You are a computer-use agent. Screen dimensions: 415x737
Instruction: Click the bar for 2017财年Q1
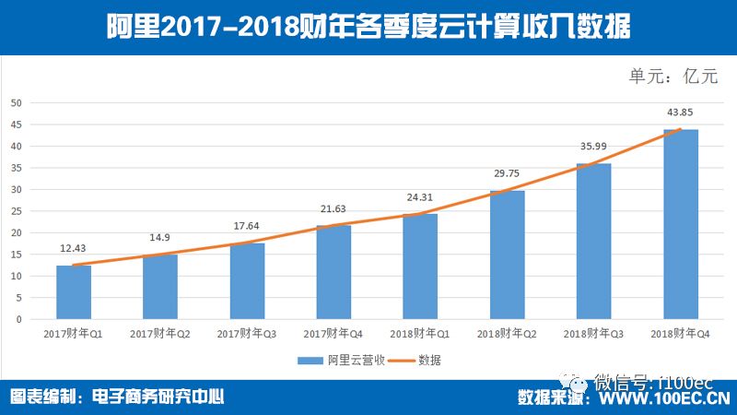point(74,292)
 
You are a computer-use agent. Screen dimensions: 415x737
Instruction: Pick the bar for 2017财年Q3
point(247,281)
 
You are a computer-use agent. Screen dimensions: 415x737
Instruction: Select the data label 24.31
point(420,197)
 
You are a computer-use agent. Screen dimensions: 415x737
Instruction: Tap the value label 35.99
point(594,147)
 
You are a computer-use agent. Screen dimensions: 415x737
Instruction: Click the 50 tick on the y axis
point(16,103)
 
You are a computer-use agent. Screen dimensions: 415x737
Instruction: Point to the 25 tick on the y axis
point(16,211)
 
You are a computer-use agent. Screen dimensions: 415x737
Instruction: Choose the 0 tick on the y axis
point(18,319)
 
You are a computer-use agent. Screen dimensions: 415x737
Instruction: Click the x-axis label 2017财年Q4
point(333,332)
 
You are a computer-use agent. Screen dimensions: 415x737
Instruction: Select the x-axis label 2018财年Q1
point(420,332)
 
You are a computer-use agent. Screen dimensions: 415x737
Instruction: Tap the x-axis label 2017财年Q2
point(160,332)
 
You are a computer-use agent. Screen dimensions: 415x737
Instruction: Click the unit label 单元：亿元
point(673,77)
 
